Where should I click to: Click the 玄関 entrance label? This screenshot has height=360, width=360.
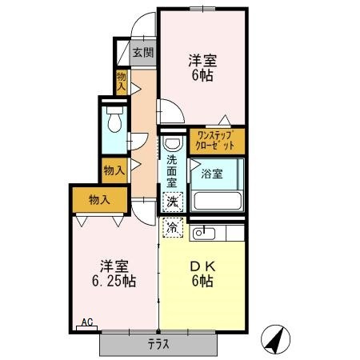(x=143, y=52)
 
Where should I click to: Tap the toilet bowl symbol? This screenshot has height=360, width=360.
(x=114, y=119)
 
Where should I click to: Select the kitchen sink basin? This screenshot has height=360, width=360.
(x=204, y=234)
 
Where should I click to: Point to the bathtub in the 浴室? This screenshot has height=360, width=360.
(x=218, y=201)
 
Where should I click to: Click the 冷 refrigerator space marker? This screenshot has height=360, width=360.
(x=173, y=227)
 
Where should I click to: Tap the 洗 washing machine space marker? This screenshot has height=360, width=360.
(x=173, y=202)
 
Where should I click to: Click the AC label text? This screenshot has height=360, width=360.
(x=87, y=322)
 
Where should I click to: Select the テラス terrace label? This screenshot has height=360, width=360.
(x=158, y=344)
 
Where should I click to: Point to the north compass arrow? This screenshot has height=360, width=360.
(x=275, y=339)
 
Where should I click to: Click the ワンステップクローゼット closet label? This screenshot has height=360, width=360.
(x=215, y=141)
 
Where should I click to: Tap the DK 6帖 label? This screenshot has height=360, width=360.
(x=202, y=274)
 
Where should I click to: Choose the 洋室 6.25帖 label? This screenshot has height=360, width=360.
(x=114, y=273)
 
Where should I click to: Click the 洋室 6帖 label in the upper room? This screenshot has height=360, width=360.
(x=202, y=68)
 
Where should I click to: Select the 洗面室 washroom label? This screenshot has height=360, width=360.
(x=172, y=171)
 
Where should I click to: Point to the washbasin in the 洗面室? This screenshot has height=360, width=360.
(x=173, y=143)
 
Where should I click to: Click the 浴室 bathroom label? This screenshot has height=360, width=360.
(x=212, y=174)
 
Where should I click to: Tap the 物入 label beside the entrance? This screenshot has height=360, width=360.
(x=122, y=82)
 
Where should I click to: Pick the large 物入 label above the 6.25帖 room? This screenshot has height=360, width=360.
(x=99, y=199)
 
